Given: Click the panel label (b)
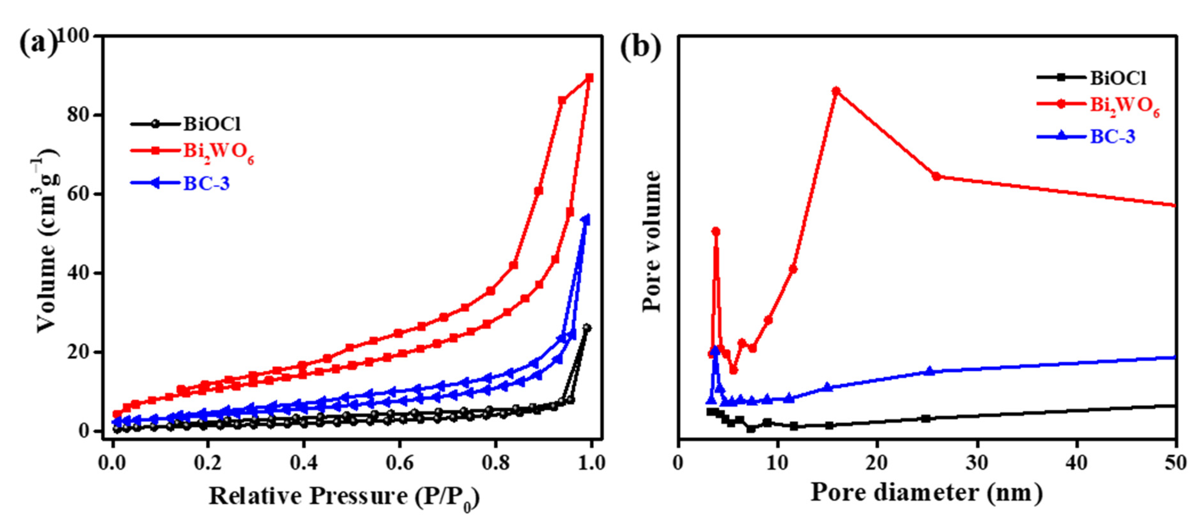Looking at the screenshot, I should tap(641, 47).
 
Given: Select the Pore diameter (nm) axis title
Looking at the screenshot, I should tap(926, 493).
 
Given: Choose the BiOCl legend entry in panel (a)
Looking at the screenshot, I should tap(212, 124).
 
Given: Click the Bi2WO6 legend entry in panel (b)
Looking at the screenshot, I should tap(1124, 106).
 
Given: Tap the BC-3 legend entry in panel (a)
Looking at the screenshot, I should tap(206, 183).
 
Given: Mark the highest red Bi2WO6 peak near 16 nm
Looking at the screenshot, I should tap(836, 91).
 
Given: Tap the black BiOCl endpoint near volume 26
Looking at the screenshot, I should tap(587, 328).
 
